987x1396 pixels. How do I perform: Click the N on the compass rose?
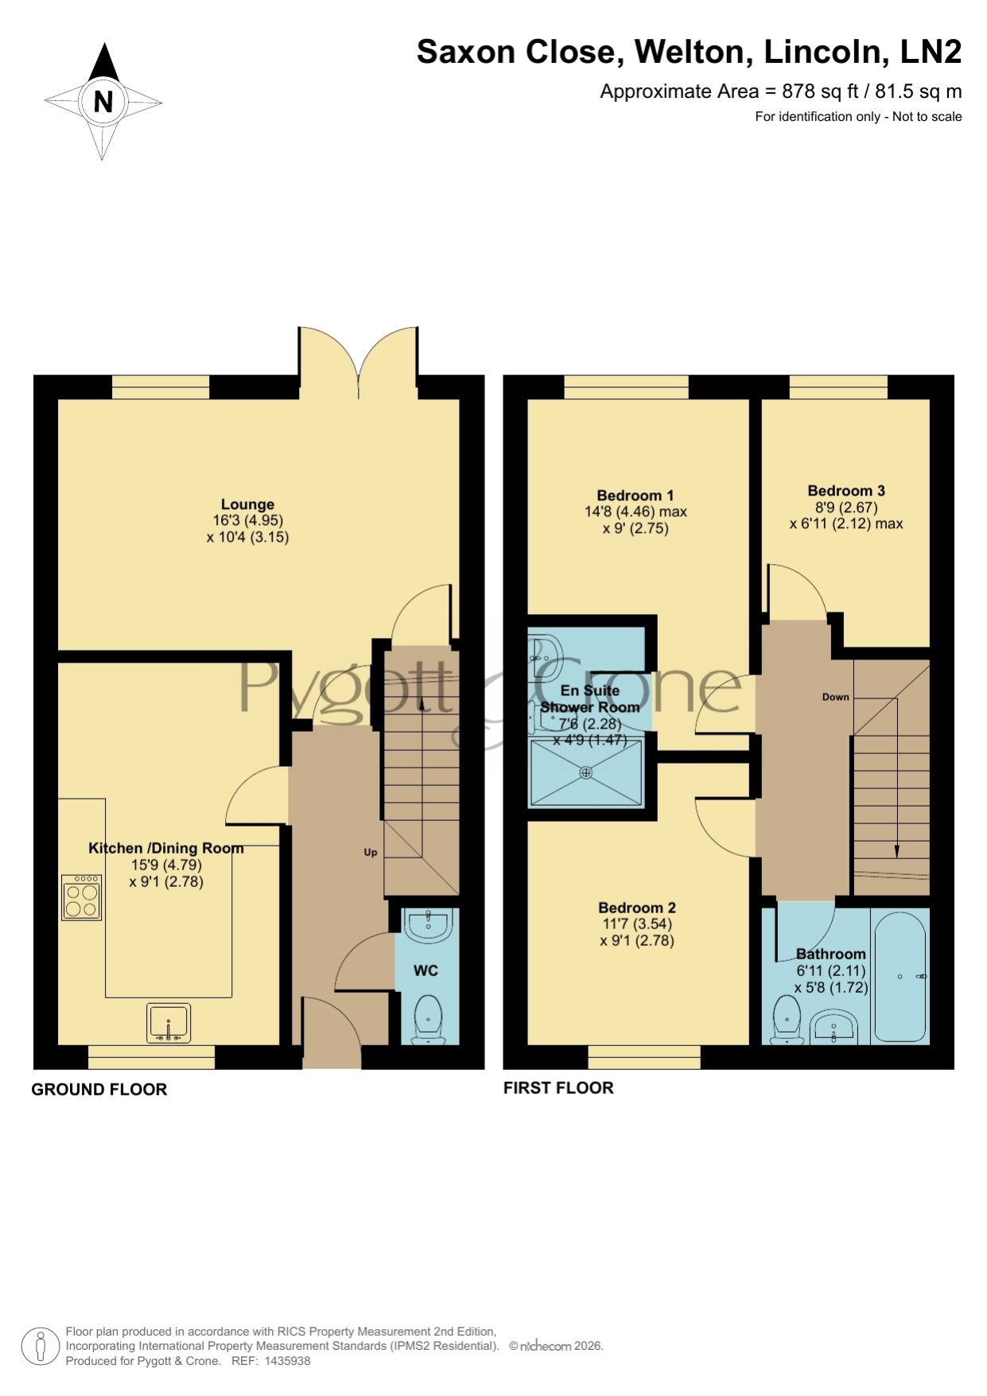click(103, 102)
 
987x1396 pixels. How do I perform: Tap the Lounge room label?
click(247, 504)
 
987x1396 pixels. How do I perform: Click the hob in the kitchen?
click(81, 897)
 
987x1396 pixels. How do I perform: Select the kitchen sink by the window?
click(169, 1023)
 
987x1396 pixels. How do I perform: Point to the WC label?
click(425, 970)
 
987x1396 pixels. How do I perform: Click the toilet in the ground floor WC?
click(429, 1019)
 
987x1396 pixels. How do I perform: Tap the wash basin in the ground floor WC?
click(429, 926)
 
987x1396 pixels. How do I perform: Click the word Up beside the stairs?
click(371, 853)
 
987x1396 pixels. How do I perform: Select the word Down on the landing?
click(836, 697)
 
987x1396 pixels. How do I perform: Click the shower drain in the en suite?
click(586, 772)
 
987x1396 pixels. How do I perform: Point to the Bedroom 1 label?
click(635, 495)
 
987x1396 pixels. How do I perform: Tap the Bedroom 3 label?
click(846, 491)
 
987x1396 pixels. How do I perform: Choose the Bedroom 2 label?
click(637, 908)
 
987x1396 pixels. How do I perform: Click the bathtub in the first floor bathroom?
click(900, 976)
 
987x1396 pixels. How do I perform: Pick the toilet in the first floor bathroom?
click(787, 1020)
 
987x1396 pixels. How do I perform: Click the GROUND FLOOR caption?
click(99, 1090)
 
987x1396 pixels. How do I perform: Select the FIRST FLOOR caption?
click(558, 1088)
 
